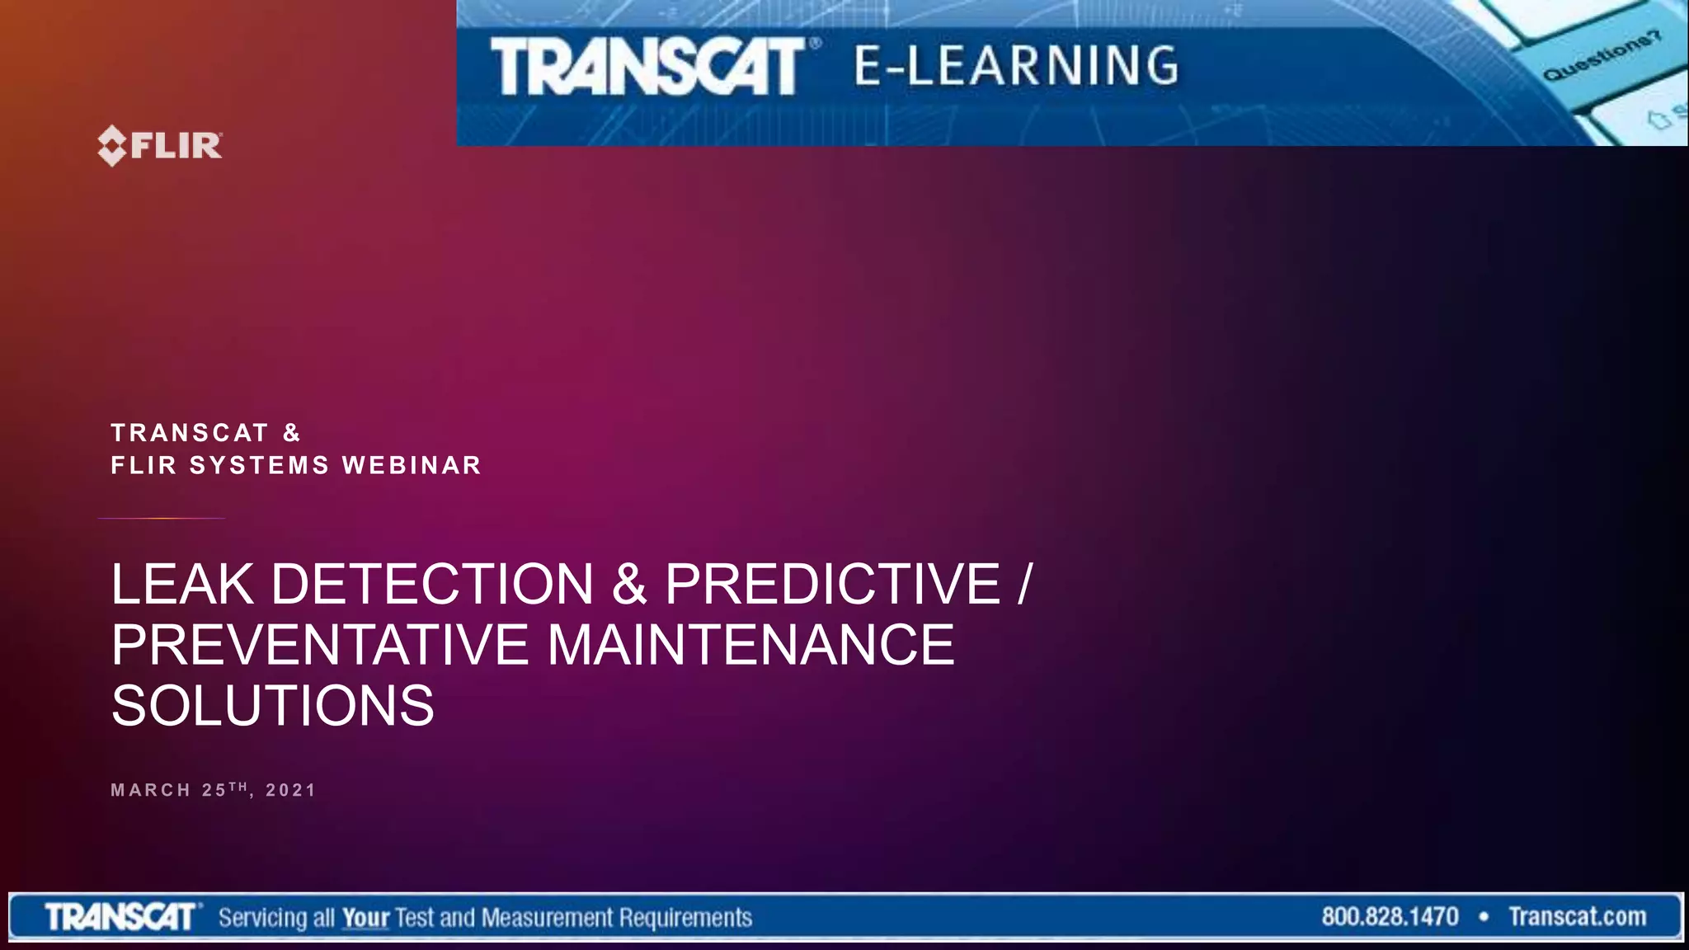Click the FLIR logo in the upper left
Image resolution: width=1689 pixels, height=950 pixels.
pyautogui.click(x=160, y=146)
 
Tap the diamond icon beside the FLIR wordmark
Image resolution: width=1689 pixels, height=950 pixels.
pyautogui.click(x=112, y=146)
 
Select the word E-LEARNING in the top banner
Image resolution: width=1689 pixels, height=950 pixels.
pyautogui.click(x=1017, y=66)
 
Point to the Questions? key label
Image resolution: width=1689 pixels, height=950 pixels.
pyautogui.click(x=1602, y=55)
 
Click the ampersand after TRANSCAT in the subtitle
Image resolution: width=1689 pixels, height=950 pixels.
pyautogui.click(x=292, y=433)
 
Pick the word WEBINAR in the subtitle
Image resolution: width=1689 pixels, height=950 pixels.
pyautogui.click(x=412, y=465)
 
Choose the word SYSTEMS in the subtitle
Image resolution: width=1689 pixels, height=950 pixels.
pyautogui.click(x=259, y=465)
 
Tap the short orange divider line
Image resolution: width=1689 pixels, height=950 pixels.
pyautogui.click(x=162, y=518)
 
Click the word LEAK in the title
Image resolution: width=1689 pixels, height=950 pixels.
pyautogui.click(x=183, y=584)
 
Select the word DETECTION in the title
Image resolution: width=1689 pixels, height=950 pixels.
pyautogui.click(x=432, y=584)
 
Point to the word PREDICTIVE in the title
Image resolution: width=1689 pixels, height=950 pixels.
pyautogui.click(x=833, y=584)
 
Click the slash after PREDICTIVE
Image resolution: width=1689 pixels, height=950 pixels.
pyautogui.click(x=1025, y=584)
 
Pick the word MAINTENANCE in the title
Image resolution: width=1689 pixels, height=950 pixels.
pyautogui.click(x=751, y=645)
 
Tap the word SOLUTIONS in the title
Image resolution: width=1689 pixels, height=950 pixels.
pyautogui.click(x=273, y=706)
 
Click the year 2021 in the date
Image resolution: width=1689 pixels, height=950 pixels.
pyautogui.click(x=291, y=790)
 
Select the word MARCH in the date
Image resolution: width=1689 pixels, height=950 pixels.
pyautogui.click(x=151, y=790)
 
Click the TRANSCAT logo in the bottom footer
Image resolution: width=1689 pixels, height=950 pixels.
pyautogui.click(x=121, y=917)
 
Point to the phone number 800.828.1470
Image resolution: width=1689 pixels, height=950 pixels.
pyautogui.click(x=1390, y=917)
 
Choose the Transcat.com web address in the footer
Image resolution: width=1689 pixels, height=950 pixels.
pyautogui.click(x=1578, y=917)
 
